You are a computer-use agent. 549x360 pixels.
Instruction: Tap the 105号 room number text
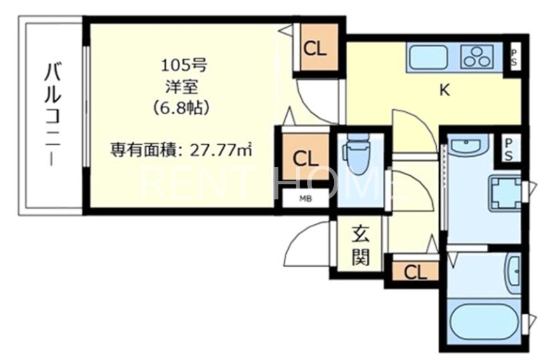(183, 65)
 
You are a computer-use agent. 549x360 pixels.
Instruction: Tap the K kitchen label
(445, 90)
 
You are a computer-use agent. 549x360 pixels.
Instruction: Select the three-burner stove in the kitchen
(478, 57)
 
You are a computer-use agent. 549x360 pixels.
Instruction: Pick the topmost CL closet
(315, 49)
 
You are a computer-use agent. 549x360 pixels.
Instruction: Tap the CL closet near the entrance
(414, 272)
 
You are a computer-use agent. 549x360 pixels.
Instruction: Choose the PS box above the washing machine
(510, 149)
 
